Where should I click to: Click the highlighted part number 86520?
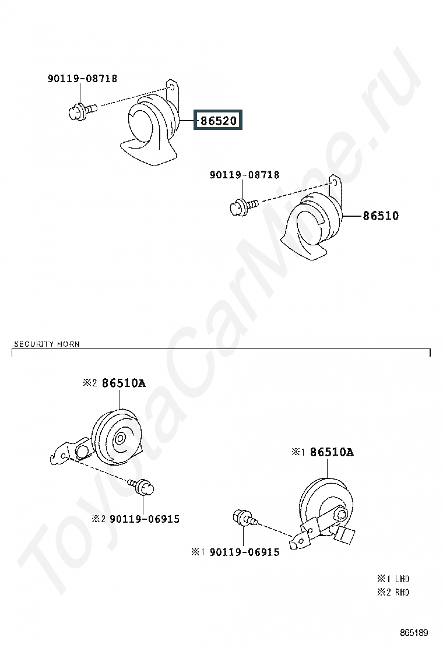pos(219,121)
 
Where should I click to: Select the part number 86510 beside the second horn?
pos(381,216)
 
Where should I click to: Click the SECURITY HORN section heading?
pos(47,344)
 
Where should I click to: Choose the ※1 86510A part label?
pos(323,452)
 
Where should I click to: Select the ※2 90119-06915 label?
pos(135,519)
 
